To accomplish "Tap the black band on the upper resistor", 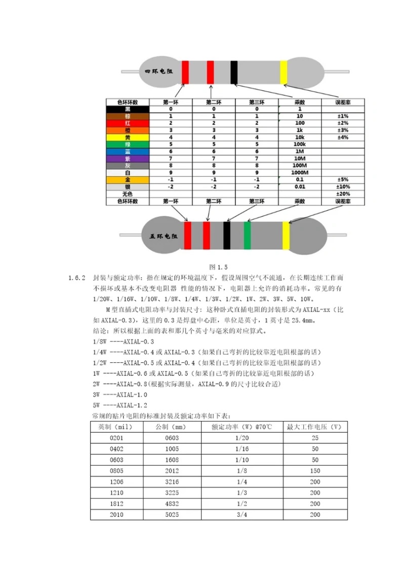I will click(x=234, y=72).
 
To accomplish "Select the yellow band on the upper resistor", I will click(x=283, y=72).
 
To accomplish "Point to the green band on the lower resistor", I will click(x=247, y=236).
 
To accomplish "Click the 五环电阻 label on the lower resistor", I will click(x=164, y=236).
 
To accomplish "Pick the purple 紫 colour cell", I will click(x=128, y=159).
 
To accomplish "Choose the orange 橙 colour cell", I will click(x=128, y=130).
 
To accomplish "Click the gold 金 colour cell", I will click(x=128, y=180).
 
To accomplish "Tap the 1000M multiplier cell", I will click(x=300, y=173).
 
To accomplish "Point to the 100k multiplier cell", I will click(x=300, y=144).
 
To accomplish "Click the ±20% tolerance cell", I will click(x=344, y=194).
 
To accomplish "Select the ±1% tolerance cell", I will click(x=344, y=116).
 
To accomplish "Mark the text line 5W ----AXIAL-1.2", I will click(x=120, y=405).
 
